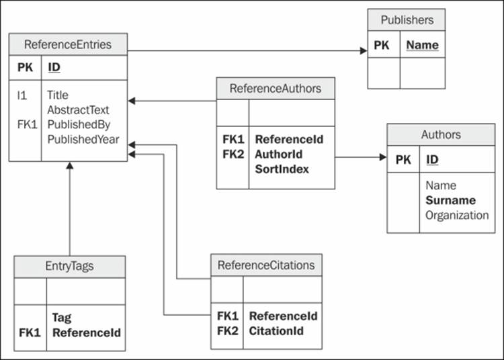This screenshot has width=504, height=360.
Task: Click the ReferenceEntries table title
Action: (x=68, y=45)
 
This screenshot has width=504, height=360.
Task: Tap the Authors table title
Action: (x=441, y=134)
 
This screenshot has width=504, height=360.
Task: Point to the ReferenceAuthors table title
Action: (x=276, y=89)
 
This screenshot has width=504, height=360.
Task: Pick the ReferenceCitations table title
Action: (x=266, y=265)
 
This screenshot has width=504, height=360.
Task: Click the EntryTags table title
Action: (x=69, y=267)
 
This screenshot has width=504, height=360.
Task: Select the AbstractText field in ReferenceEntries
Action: (x=78, y=109)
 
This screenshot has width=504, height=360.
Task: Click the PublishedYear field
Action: (x=83, y=139)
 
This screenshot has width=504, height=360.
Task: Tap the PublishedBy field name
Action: (x=79, y=124)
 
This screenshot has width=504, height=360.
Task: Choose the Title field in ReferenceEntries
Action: (x=58, y=95)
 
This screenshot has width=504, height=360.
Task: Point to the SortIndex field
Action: (x=282, y=169)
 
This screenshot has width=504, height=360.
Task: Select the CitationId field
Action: (x=276, y=330)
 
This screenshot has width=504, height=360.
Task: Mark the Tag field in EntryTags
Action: (x=62, y=317)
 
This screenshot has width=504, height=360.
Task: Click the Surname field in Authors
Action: (x=450, y=200)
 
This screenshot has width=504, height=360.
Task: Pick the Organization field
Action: (x=457, y=215)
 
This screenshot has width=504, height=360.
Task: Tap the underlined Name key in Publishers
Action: (x=423, y=46)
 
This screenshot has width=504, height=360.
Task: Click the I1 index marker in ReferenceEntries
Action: (x=22, y=95)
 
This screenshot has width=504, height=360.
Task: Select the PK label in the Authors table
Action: (x=403, y=160)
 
